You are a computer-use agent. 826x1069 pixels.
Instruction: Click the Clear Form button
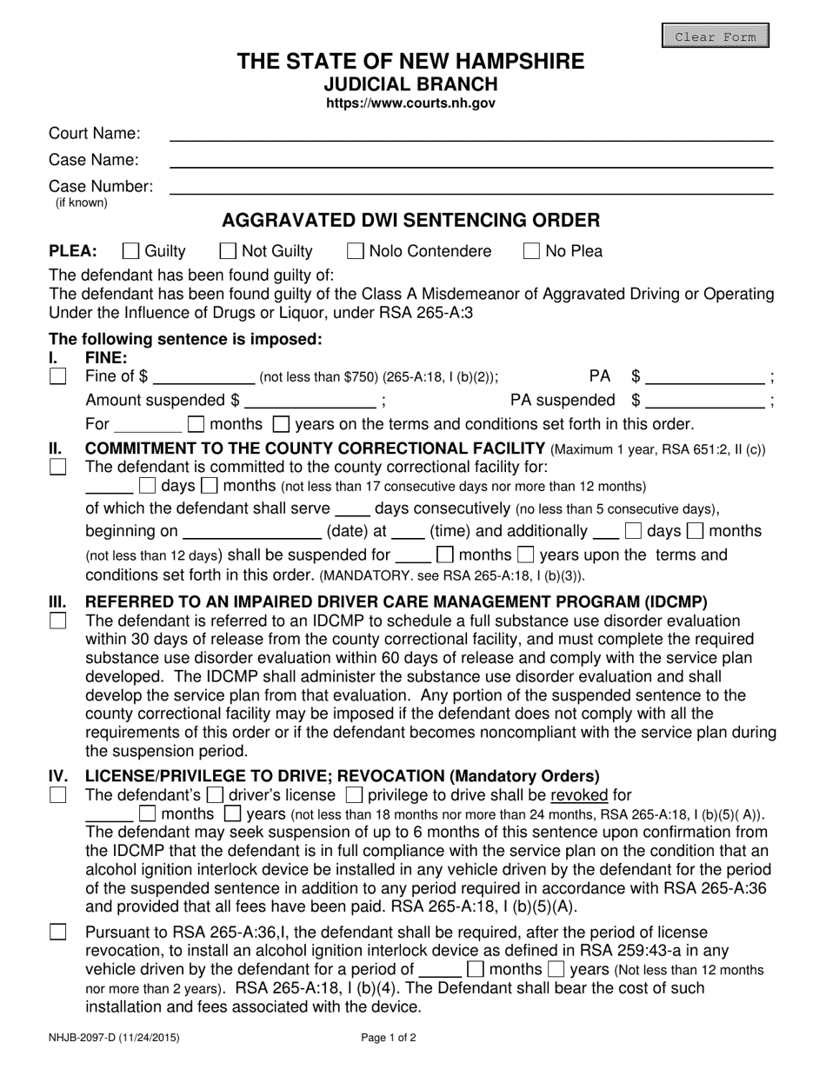(x=716, y=37)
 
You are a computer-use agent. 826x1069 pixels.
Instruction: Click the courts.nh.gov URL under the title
(x=411, y=103)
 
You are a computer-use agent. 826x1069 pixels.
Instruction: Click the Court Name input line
(x=470, y=134)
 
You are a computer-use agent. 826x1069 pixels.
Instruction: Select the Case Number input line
(x=470, y=187)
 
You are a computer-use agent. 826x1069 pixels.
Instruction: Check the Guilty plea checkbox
(x=131, y=251)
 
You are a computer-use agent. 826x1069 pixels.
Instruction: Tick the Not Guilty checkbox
(x=228, y=251)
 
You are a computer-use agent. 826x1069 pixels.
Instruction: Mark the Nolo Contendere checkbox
(x=355, y=251)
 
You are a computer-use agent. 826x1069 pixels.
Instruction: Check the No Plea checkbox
(x=531, y=251)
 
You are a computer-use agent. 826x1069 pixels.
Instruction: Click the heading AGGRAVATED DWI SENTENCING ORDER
(x=411, y=220)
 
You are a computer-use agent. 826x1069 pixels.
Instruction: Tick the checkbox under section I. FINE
(x=57, y=377)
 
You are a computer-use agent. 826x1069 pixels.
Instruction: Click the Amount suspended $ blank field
(x=310, y=401)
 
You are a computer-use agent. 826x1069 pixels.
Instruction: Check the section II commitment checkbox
(x=57, y=467)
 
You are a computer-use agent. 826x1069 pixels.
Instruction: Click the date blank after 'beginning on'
(x=251, y=531)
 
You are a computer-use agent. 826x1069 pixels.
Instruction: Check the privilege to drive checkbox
(x=354, y=794)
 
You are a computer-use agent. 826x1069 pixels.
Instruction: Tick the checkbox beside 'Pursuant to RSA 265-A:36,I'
(x=57, y=932)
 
